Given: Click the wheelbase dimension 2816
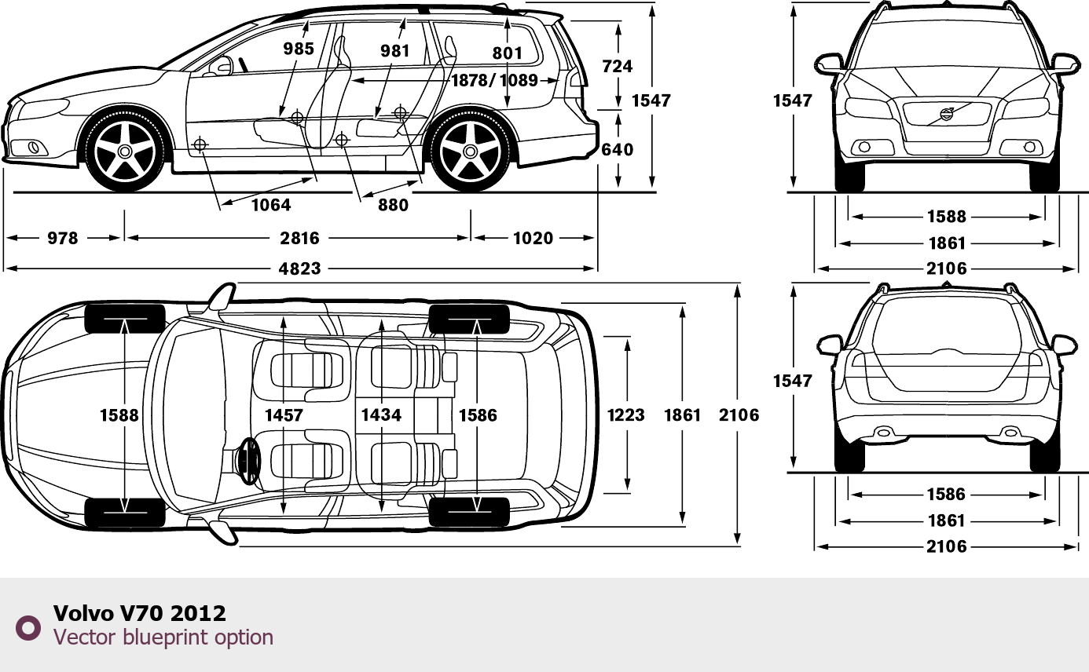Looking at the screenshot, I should point(299,238).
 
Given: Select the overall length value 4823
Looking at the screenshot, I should point(300,268).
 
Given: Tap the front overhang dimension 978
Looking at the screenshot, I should point(63,238).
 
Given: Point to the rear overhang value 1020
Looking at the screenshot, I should point(533,238).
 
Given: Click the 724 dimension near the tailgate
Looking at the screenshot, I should point(617,66).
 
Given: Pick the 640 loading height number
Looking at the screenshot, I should point(617,149).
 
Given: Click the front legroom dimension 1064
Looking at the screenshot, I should point(271,205).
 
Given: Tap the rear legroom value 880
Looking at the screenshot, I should point(393,205).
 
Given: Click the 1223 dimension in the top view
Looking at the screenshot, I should point(626,415).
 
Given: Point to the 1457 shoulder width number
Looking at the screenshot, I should point(284,415).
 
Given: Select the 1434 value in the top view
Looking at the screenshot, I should point(381,415).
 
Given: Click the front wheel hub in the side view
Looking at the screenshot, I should point(125,152).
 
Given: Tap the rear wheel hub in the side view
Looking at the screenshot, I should point(470,152).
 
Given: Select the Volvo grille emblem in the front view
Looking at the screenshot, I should point(946,115).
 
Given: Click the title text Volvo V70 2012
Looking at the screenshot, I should point(140,613).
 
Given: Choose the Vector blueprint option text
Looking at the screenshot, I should point(163,637).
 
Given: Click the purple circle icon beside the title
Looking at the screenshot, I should point(29,627).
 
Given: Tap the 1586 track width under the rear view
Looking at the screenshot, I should point(946,495).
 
